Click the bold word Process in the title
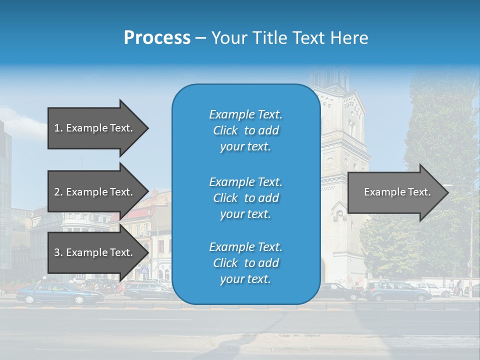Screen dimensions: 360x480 pyautogui.click(x=157, y=37)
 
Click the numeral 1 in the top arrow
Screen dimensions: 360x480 pyautogui.click(x=57, y=128)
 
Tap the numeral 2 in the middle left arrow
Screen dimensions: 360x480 pyautogui.click(x=57, y=192)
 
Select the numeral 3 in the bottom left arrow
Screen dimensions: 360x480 pyautogui.click(x=57, y=252)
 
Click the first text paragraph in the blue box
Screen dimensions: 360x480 pyautogui.click(x=245, y=130)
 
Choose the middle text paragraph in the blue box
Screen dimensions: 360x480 pyautogui.click(x=245, y=198)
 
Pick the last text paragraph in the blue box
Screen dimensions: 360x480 pyautogui.click(x=245, y=263)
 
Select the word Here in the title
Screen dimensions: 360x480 pyautogui.click(x=350, y=37)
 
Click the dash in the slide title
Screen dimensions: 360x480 pyautogui.click(x=200, y=38)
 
